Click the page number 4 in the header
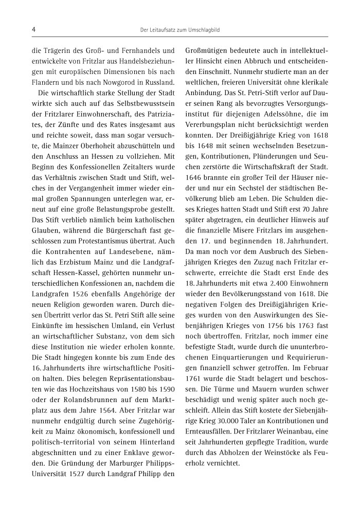[x=33, y=30]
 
